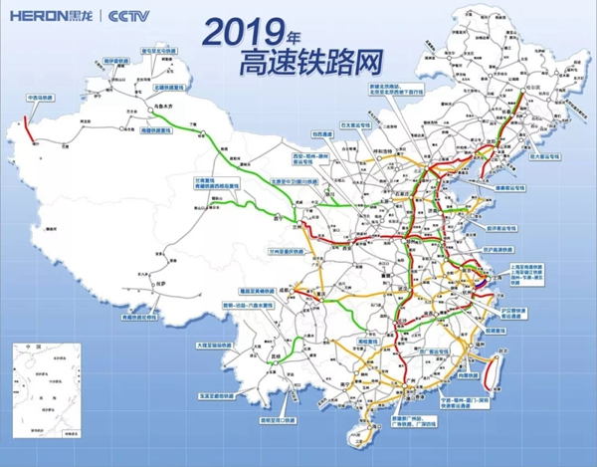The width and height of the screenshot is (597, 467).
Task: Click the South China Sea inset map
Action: tap(50, 384)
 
